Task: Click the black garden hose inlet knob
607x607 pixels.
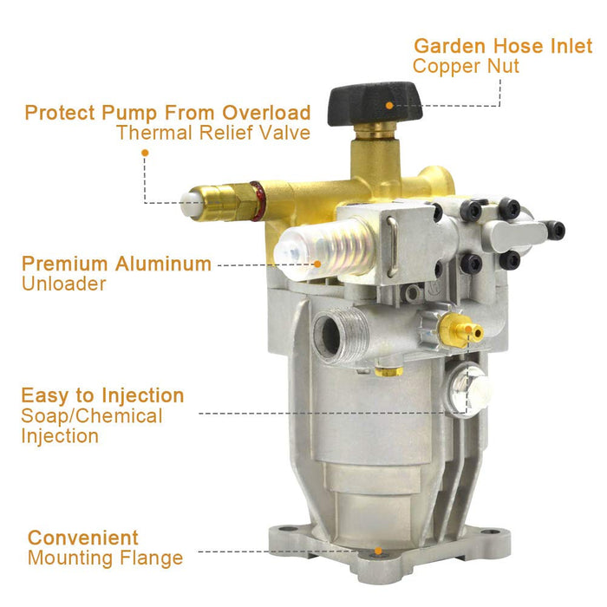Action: (x=375, y=104)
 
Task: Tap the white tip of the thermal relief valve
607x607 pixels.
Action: (x=190, y=203)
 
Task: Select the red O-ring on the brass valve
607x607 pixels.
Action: (x=256, y=201)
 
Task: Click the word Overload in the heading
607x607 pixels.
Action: (x=266, y=113)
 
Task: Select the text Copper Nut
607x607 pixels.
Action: (x=466, y=66)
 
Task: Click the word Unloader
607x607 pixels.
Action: (x=64, y=284)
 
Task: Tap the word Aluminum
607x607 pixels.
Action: (x=163, y=264)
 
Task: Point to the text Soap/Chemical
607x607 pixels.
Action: (x=92, y=416)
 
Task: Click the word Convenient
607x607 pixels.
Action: (x=83, y=538)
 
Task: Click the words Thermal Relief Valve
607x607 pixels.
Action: (x=213, y=133)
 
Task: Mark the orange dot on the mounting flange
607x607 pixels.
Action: (x=378, y=551)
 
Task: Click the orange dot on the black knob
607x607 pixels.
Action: (x=389, y=105)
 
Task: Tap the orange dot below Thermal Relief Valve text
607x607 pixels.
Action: (x=145, y=153)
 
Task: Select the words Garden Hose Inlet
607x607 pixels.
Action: (x=503, y=46)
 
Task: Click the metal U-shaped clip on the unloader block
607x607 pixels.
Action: (x=392, y=246)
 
